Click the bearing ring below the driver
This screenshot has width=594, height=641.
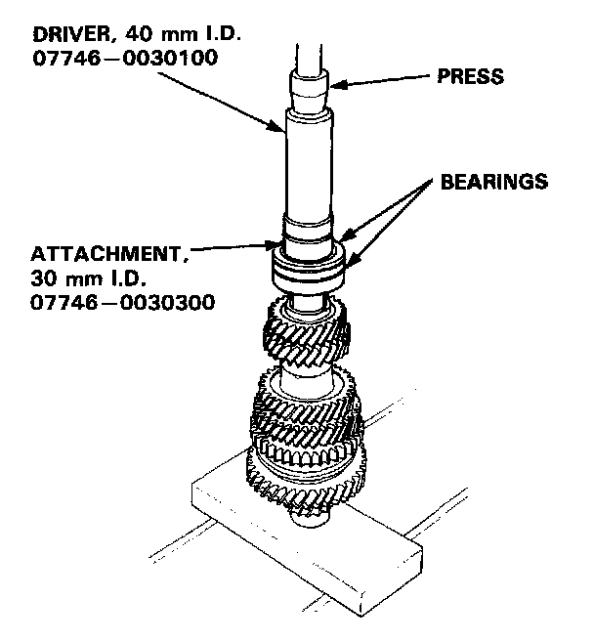tap(309, 265)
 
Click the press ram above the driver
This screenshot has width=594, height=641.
tap(308, 39)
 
